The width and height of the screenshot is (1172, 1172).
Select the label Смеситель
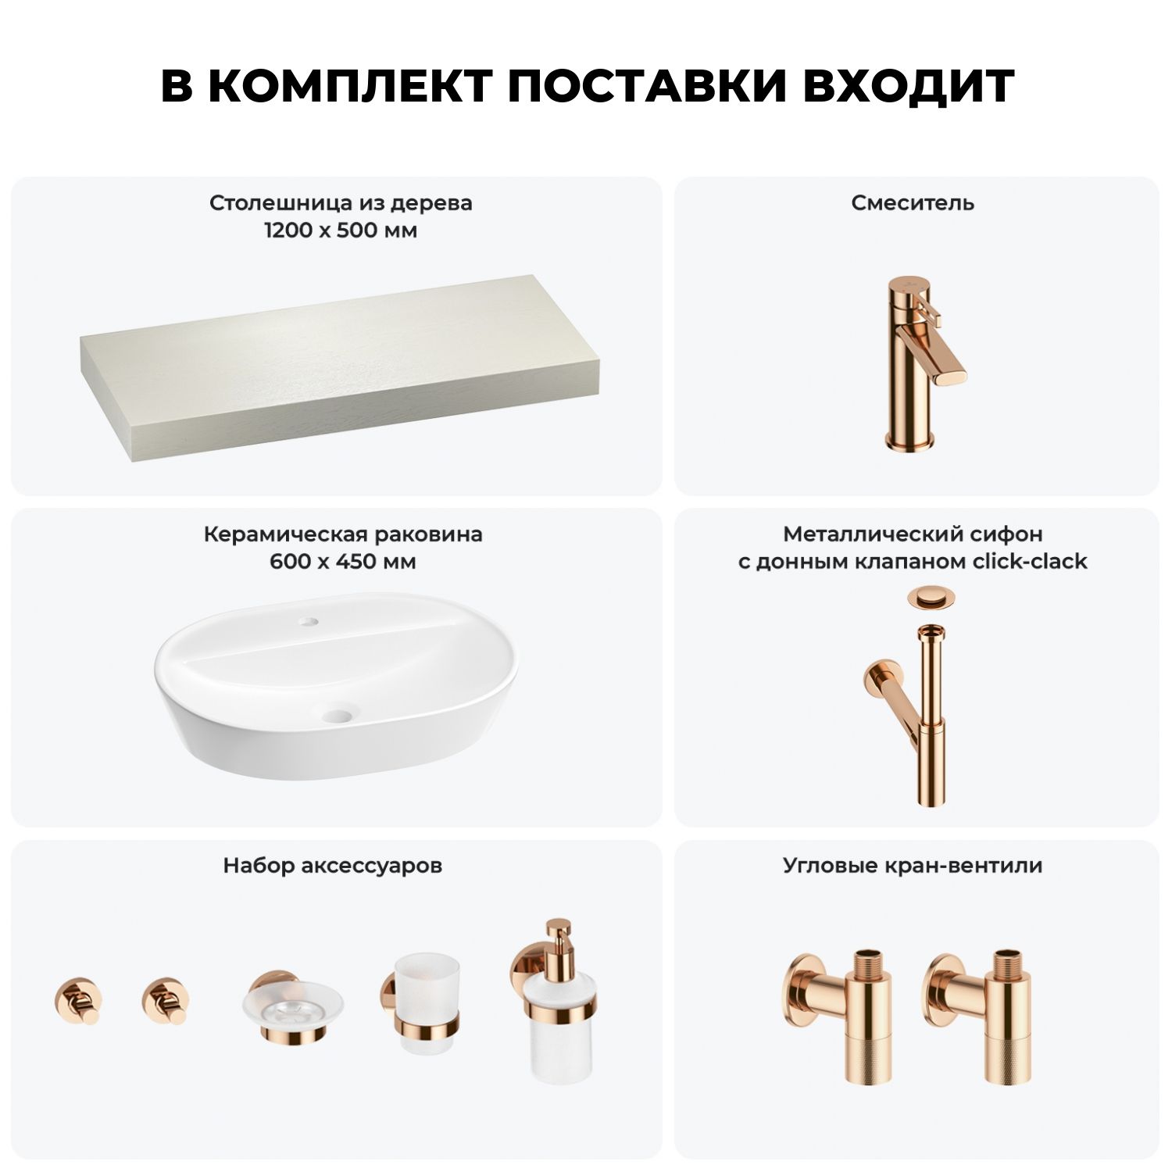913,203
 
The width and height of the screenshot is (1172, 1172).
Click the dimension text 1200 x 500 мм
341,231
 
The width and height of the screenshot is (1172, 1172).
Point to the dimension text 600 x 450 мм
343,562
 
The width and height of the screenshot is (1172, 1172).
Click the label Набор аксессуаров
333,866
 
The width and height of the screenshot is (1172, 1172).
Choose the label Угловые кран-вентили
913,866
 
